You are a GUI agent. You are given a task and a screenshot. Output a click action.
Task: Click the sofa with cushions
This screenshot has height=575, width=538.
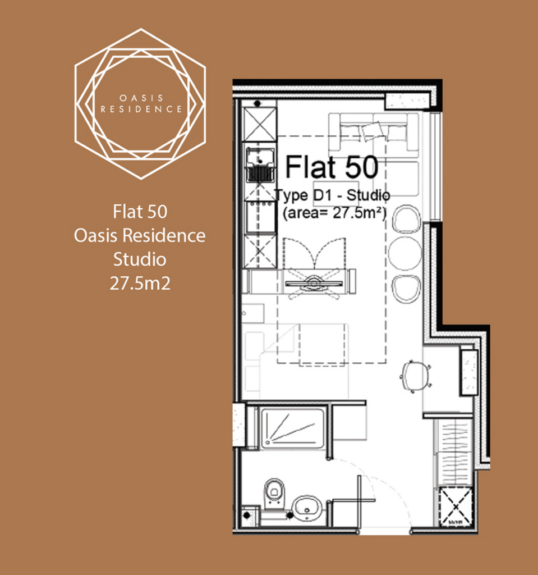tap(374, 132)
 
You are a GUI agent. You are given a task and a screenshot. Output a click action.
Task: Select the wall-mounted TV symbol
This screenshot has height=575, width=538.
tap(314, 283)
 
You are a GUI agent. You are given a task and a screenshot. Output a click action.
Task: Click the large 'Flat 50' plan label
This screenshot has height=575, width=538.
tap(332, 167)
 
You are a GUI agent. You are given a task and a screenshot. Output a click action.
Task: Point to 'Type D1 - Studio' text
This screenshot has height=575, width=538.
tap(332, 195)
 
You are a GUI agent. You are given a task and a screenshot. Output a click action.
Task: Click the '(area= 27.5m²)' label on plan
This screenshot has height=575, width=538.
tap(334, 213)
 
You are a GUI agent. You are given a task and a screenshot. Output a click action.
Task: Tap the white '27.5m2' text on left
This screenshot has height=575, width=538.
tap(140, 284)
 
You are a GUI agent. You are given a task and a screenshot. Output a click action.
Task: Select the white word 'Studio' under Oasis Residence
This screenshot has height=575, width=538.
tap(140, 259)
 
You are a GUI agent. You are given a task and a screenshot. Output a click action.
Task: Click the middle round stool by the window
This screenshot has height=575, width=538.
tap(405, 254)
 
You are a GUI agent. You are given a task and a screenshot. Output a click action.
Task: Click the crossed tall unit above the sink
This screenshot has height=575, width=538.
tap(259, 124)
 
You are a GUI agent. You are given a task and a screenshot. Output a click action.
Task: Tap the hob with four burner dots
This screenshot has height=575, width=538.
tap(260, 216)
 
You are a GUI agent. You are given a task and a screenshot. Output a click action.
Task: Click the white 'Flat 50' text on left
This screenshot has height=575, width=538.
tap(140, 212)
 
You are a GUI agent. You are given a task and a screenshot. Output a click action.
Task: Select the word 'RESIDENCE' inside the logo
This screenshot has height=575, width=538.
tap(141, 109)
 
